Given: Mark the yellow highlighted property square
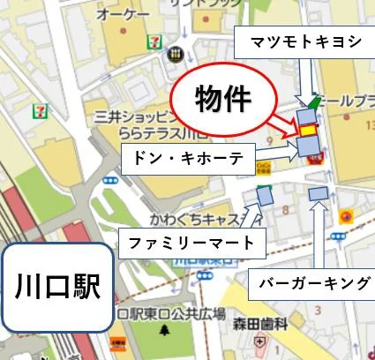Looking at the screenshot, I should (308, 131).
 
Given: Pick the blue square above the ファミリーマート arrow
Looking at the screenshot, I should (264, 196).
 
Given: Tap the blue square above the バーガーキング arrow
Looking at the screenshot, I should (319, 193).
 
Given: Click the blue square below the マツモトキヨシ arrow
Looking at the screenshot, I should (305, 116).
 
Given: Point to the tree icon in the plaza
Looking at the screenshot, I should (164, 331).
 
